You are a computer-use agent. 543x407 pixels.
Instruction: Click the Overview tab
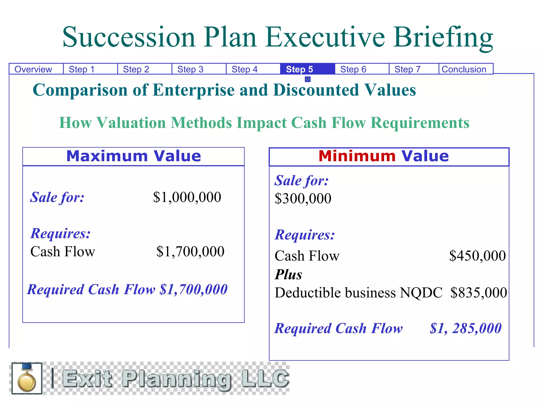33,69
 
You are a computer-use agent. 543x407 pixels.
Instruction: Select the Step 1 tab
82,69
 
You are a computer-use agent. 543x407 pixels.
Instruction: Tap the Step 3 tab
190,69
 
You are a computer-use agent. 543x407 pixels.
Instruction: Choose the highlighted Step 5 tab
300,69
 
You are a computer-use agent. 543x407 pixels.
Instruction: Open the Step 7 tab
408,69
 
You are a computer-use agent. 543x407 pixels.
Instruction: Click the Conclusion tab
464,69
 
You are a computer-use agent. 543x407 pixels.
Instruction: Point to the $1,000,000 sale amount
187,197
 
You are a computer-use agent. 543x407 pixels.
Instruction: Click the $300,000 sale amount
303,199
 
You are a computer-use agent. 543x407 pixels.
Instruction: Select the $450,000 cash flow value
477,256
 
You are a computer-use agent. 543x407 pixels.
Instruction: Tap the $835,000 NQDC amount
479,293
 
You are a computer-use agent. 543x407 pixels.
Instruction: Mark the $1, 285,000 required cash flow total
466,329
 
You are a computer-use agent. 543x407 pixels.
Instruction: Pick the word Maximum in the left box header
107,156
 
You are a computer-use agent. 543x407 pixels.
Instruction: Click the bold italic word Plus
288,275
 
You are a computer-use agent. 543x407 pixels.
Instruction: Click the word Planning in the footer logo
176,379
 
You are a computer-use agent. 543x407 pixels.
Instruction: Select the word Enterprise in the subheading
194,90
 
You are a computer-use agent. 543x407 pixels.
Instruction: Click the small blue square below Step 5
308,79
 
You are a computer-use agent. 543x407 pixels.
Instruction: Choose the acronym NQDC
421,293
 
